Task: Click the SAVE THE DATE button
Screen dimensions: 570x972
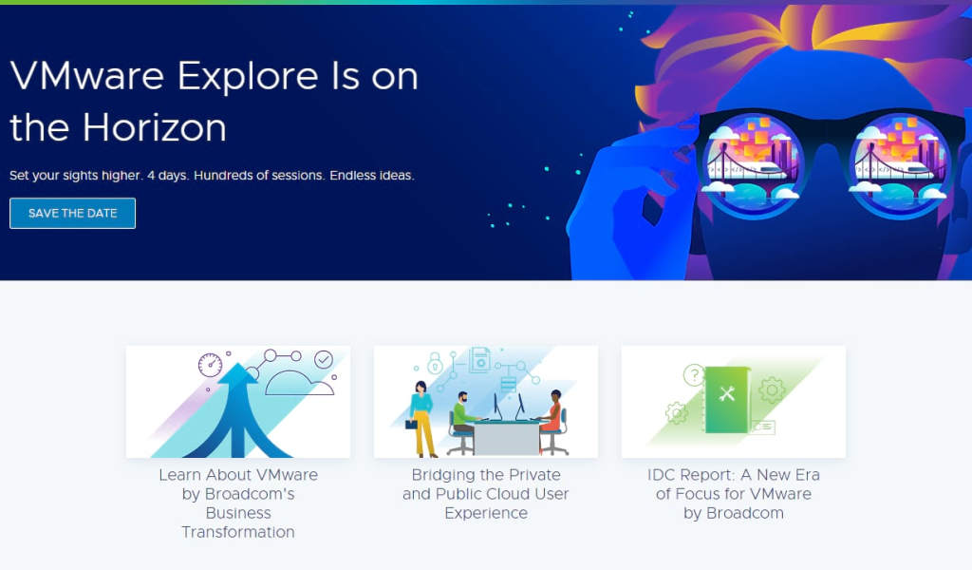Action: [72, 213]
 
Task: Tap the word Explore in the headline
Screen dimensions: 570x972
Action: [255, 76]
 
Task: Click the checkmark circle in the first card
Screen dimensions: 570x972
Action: [324, 359]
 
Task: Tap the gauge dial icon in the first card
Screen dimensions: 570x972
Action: [210, 365]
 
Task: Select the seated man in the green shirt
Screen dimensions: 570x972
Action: [461, 414]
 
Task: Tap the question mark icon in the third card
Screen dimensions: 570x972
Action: [694, 375]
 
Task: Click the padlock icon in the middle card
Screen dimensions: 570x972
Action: [435, 365]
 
